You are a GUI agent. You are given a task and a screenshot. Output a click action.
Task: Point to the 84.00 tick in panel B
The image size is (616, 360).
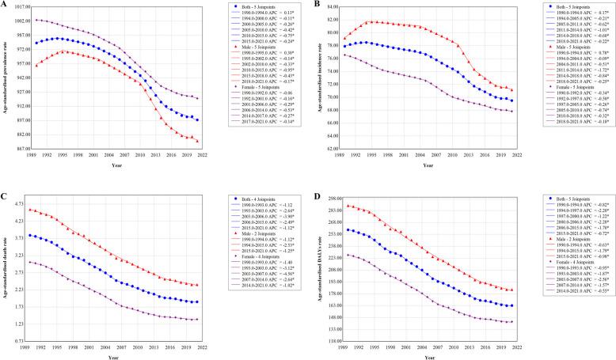[x=328, y=6]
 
